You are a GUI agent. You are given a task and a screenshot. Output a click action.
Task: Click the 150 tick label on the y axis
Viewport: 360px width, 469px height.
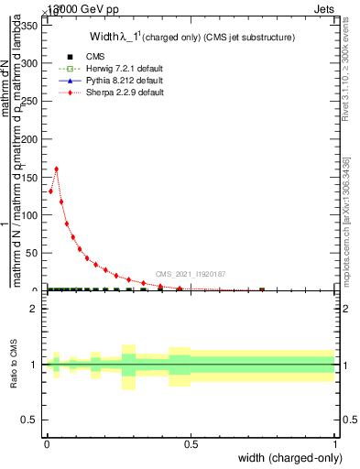pos(32,177)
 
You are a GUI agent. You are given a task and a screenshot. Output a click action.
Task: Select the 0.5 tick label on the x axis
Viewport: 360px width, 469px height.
pos(191,443)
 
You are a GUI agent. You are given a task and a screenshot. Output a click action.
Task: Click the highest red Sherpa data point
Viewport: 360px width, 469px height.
pos(57,169)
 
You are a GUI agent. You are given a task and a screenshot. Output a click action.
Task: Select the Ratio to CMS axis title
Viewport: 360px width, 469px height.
pos(14,364)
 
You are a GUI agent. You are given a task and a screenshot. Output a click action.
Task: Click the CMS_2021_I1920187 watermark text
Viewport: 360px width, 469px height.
pos(191,274)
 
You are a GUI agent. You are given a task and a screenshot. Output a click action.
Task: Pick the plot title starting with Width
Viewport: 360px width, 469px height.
pos(191,38)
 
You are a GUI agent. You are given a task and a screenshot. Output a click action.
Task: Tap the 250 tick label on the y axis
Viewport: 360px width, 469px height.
pos(32,101)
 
